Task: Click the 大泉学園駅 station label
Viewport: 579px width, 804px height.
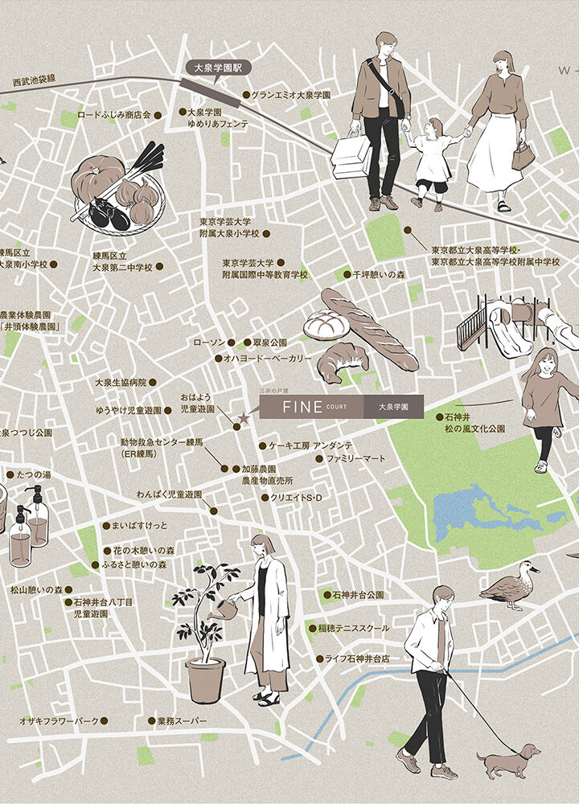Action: [x=213, y=68]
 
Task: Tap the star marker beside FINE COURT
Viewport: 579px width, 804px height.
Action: [x=244, y=418]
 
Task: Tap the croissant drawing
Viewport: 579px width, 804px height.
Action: [x=342, y=361]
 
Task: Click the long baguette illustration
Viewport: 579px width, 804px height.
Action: [x=370, y=330]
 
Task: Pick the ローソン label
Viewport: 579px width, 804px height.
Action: [x=209, y=343]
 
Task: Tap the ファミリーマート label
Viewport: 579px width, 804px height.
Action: [x=355, y=458]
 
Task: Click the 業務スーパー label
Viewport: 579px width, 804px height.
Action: [x=176, y=721]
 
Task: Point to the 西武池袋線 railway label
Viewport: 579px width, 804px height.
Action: [x=34, y=79]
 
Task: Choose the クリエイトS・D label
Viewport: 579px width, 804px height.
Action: [x=295, y=498]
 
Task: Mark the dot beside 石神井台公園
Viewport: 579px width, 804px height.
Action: [x=326, y=596]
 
